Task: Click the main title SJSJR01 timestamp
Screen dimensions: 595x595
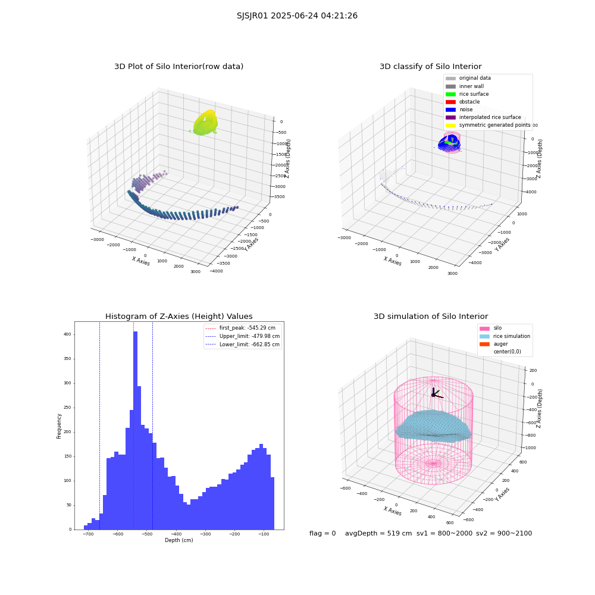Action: coord(297,15)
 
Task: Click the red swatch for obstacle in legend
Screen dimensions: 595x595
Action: coord(450,102)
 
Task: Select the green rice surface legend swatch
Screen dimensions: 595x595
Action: coord(450,94)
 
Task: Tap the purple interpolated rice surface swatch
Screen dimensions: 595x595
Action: coord(450,117)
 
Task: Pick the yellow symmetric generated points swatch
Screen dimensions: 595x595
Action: coord(450,125)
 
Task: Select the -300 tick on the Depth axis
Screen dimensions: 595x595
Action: coord(205,534)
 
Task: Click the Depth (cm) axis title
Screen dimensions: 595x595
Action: coord(179,540)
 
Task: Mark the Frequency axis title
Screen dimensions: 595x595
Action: coord(59,426)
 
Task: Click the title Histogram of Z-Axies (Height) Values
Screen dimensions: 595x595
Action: coord(178,316)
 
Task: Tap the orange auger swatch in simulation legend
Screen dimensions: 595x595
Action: coord(484,344)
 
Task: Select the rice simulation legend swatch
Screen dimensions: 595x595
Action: coord(484,336)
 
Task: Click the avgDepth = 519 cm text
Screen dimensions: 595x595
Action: coord(378,533)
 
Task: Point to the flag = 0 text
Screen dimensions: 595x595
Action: coord(322,533)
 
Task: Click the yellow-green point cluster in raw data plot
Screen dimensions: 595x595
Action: coord(205,122)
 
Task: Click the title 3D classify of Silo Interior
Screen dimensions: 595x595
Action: coord(431,67)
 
